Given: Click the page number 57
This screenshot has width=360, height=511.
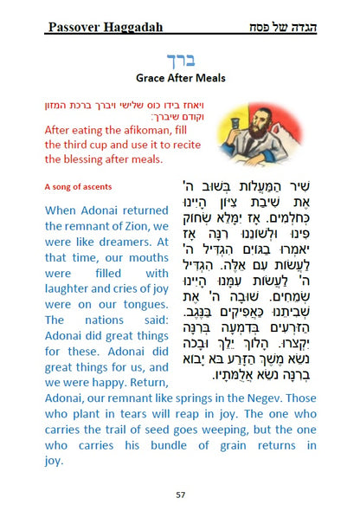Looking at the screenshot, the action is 180,495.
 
